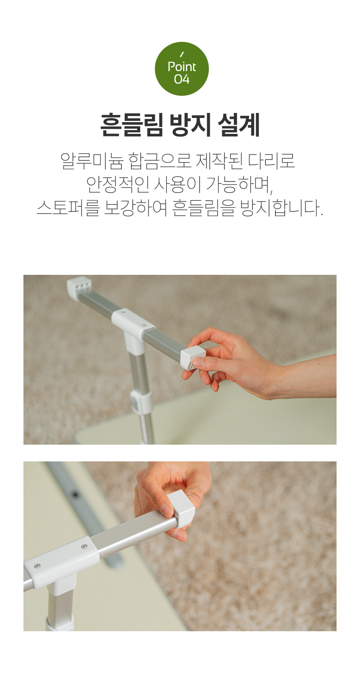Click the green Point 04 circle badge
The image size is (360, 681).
coord(182,69)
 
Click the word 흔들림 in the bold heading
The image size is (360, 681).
coord(131,125)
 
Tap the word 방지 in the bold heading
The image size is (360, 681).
coord(190,125)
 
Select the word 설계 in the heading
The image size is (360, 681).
coord(239,125)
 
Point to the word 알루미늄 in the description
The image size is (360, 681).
coord(92,161)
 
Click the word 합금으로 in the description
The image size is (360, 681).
coord(160,161)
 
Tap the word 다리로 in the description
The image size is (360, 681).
coord(272,161)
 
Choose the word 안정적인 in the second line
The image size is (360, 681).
coord(118,184)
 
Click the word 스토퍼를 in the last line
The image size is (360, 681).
coord(68,208)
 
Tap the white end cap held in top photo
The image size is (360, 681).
coord(193,358)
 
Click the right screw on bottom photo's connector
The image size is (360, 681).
coord(84,547)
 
